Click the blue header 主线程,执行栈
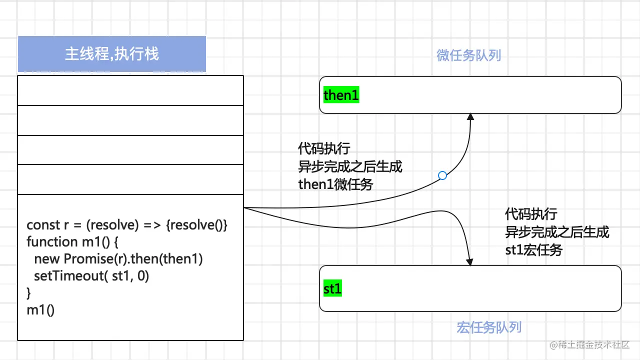(112, 54)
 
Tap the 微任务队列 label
(468, 55)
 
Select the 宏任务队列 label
(489, 327)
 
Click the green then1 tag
(341, 95)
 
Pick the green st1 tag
(332, 288)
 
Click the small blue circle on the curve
(442, 175)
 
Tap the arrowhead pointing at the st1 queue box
(469, 261)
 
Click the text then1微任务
(335, 184)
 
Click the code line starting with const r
(127, 225)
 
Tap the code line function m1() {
(72, 242)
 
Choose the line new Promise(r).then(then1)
(118, 259)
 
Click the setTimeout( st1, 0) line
(91, 276)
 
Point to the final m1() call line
(40, 310)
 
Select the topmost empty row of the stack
(130, 90)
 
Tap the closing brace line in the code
(28, 292)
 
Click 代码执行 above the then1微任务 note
(324, 149)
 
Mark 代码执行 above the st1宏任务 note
(531, 215)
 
